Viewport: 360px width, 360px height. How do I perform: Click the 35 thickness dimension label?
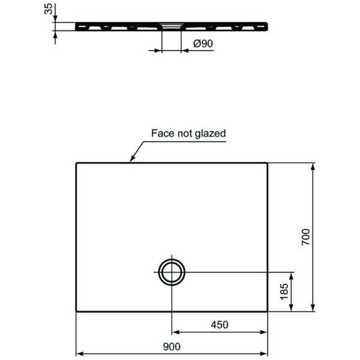(x=49, y=9)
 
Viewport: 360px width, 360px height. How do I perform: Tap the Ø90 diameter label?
(x=203, y=43)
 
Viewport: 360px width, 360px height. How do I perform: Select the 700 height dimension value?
(x=305, y=237)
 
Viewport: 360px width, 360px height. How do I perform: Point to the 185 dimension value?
(x=284, y=292)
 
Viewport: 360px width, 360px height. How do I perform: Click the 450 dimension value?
(x=220, y=325)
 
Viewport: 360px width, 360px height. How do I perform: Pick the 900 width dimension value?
(x=172, y=346)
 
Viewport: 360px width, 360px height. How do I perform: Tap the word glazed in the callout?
(x=211, y=134)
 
